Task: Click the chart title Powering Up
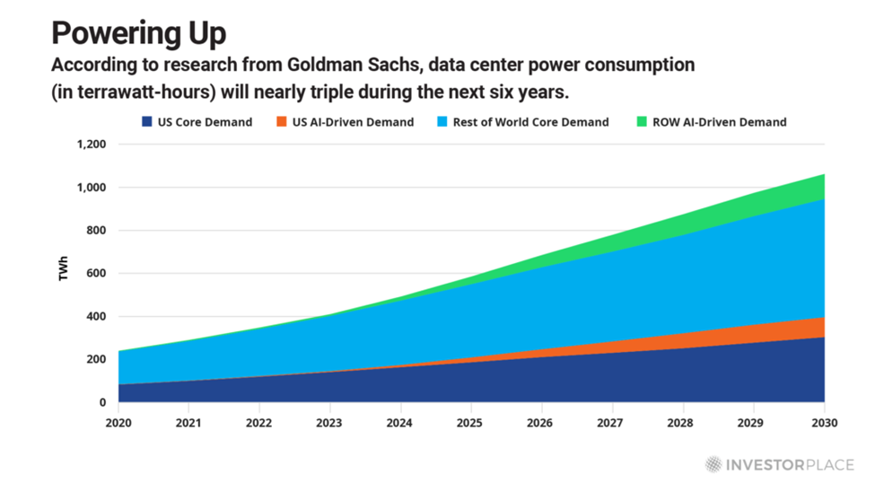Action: click(138, 33)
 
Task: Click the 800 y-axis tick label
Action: click(95, 231)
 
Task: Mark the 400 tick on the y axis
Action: click(95, 317)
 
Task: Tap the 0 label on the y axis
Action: click(102, 403)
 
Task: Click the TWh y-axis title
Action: click(64, 273)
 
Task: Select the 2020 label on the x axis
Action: click(118, 422)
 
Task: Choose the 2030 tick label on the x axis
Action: click(824, 422)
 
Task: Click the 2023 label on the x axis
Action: click(329, 422)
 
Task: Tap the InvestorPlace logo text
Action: click(790, 464)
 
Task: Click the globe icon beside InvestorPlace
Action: click(713, 464)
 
